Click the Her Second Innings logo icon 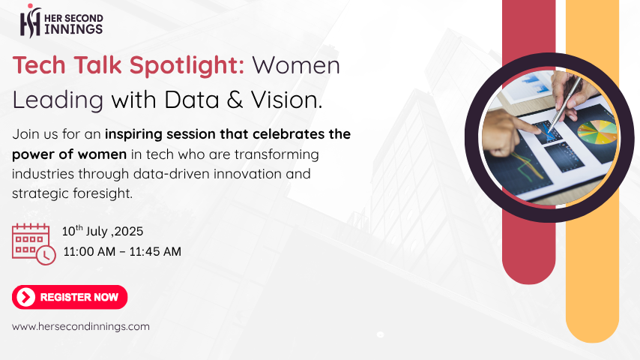click(31, 20)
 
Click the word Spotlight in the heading click(187, 66)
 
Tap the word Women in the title click(296, 65)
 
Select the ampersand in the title click(235, 100)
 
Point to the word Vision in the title click(286, 100)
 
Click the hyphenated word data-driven click(172, 174)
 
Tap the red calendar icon click(34, 244)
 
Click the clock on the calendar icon click(46, 256)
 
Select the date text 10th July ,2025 click(103, 231)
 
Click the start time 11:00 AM click(89, 251)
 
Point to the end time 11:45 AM click(155, 251)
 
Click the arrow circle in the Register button click(25, 297)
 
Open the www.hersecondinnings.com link click(81, 326)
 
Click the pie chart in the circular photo click(597, 131)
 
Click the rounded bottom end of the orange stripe click(592, 327)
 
